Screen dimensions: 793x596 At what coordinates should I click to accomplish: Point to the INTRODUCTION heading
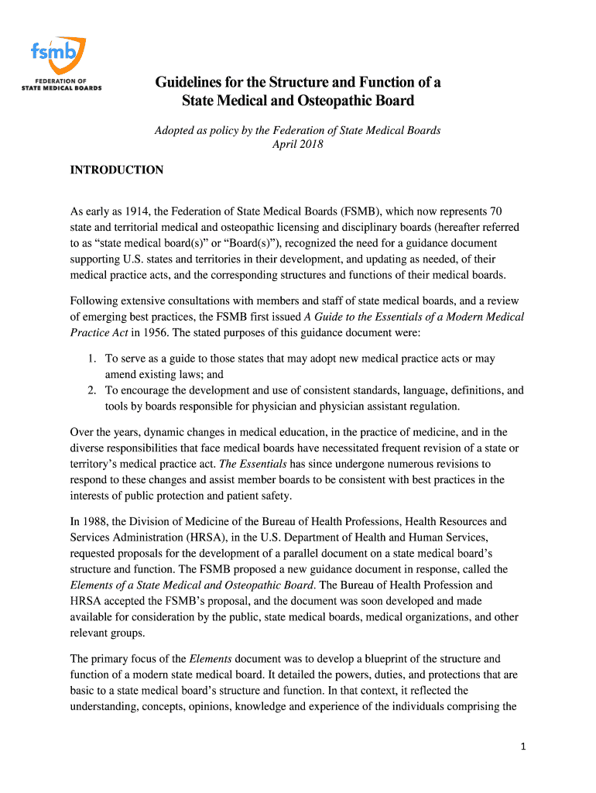[116, 170]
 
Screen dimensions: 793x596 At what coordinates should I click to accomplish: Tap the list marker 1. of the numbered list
[91, 359]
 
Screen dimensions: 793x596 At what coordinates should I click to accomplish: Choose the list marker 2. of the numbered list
[91, 390]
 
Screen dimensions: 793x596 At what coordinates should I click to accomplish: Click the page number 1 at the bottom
[523, 746]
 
